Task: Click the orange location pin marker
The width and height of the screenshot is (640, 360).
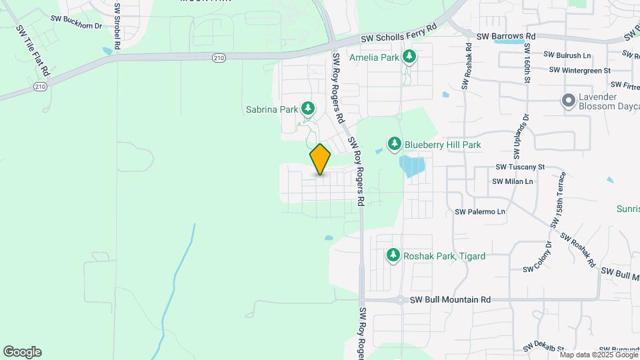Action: point(320,159)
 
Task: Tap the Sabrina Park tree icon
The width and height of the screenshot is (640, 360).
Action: point(308,108)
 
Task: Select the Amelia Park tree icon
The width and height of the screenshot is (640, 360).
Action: point(409,57)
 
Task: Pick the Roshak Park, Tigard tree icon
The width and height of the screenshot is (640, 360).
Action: point(393,255)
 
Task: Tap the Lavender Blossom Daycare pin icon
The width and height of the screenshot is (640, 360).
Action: point(568,101)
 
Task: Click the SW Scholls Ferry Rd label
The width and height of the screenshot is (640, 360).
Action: point(395,35)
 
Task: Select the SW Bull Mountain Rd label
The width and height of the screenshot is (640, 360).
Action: point(450,300)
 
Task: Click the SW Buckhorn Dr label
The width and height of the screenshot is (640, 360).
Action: point(78,25)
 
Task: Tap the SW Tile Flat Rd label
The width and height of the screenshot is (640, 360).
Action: point(33,50)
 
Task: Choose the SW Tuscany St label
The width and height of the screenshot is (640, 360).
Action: point(521,167)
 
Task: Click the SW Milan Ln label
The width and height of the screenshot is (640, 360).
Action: point(513,181)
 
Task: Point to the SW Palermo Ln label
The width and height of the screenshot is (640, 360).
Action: point(480,212)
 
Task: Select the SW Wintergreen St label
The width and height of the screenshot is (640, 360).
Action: point(579,70)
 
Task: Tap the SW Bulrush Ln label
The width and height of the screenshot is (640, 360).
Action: point(567,55)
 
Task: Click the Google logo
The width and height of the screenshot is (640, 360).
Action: point(22,352)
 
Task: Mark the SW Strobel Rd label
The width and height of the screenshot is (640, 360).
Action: point(117,27)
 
